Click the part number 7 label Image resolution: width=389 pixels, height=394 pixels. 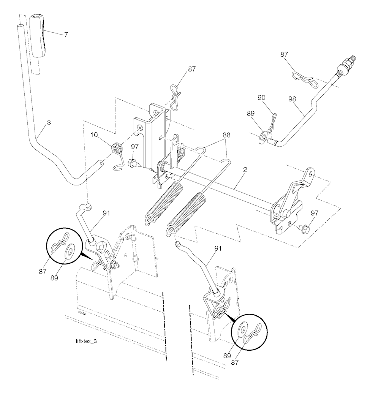pos(66,35)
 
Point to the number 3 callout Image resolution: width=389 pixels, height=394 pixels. pos(49,123)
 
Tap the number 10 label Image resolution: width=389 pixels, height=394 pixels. pos(94,135)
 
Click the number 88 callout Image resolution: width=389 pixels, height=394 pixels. pos(226,135)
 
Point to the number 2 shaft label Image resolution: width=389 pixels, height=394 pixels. pos(245,169)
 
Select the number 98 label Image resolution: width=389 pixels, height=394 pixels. pos(293,99)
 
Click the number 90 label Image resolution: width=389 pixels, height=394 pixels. pos(261,98)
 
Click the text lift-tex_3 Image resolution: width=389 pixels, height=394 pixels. pos(86,341)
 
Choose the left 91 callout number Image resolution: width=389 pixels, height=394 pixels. pos(106,213)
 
